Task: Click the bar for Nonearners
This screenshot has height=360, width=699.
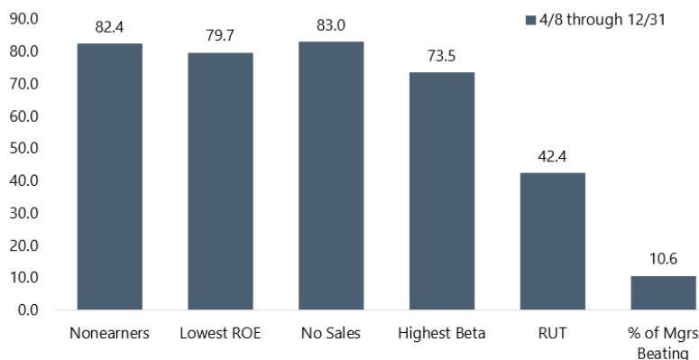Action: [x=109, y=177]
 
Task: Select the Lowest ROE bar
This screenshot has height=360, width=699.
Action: [x=220, y=181]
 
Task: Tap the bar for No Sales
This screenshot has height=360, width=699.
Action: [x=331, y=176]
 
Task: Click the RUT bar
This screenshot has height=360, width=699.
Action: [x=553, y=241]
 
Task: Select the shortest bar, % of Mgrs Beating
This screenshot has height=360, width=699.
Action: [x=663, y=293]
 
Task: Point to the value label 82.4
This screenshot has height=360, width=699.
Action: [x=109, y=27]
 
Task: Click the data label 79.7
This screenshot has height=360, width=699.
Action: [x=220, y=36]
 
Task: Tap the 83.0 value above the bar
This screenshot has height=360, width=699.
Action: [x=331, y=25]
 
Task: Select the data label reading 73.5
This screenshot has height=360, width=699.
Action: [x=442, y=56]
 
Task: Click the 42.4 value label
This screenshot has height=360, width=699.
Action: [x=553, y=156]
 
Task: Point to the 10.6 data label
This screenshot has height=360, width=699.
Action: [x=663, y=259]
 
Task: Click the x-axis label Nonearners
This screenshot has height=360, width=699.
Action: [x=109, y=334]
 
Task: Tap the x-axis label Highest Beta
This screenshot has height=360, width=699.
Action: [x=442, y=334]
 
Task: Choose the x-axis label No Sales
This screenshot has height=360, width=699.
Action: [x=331, y=334]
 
